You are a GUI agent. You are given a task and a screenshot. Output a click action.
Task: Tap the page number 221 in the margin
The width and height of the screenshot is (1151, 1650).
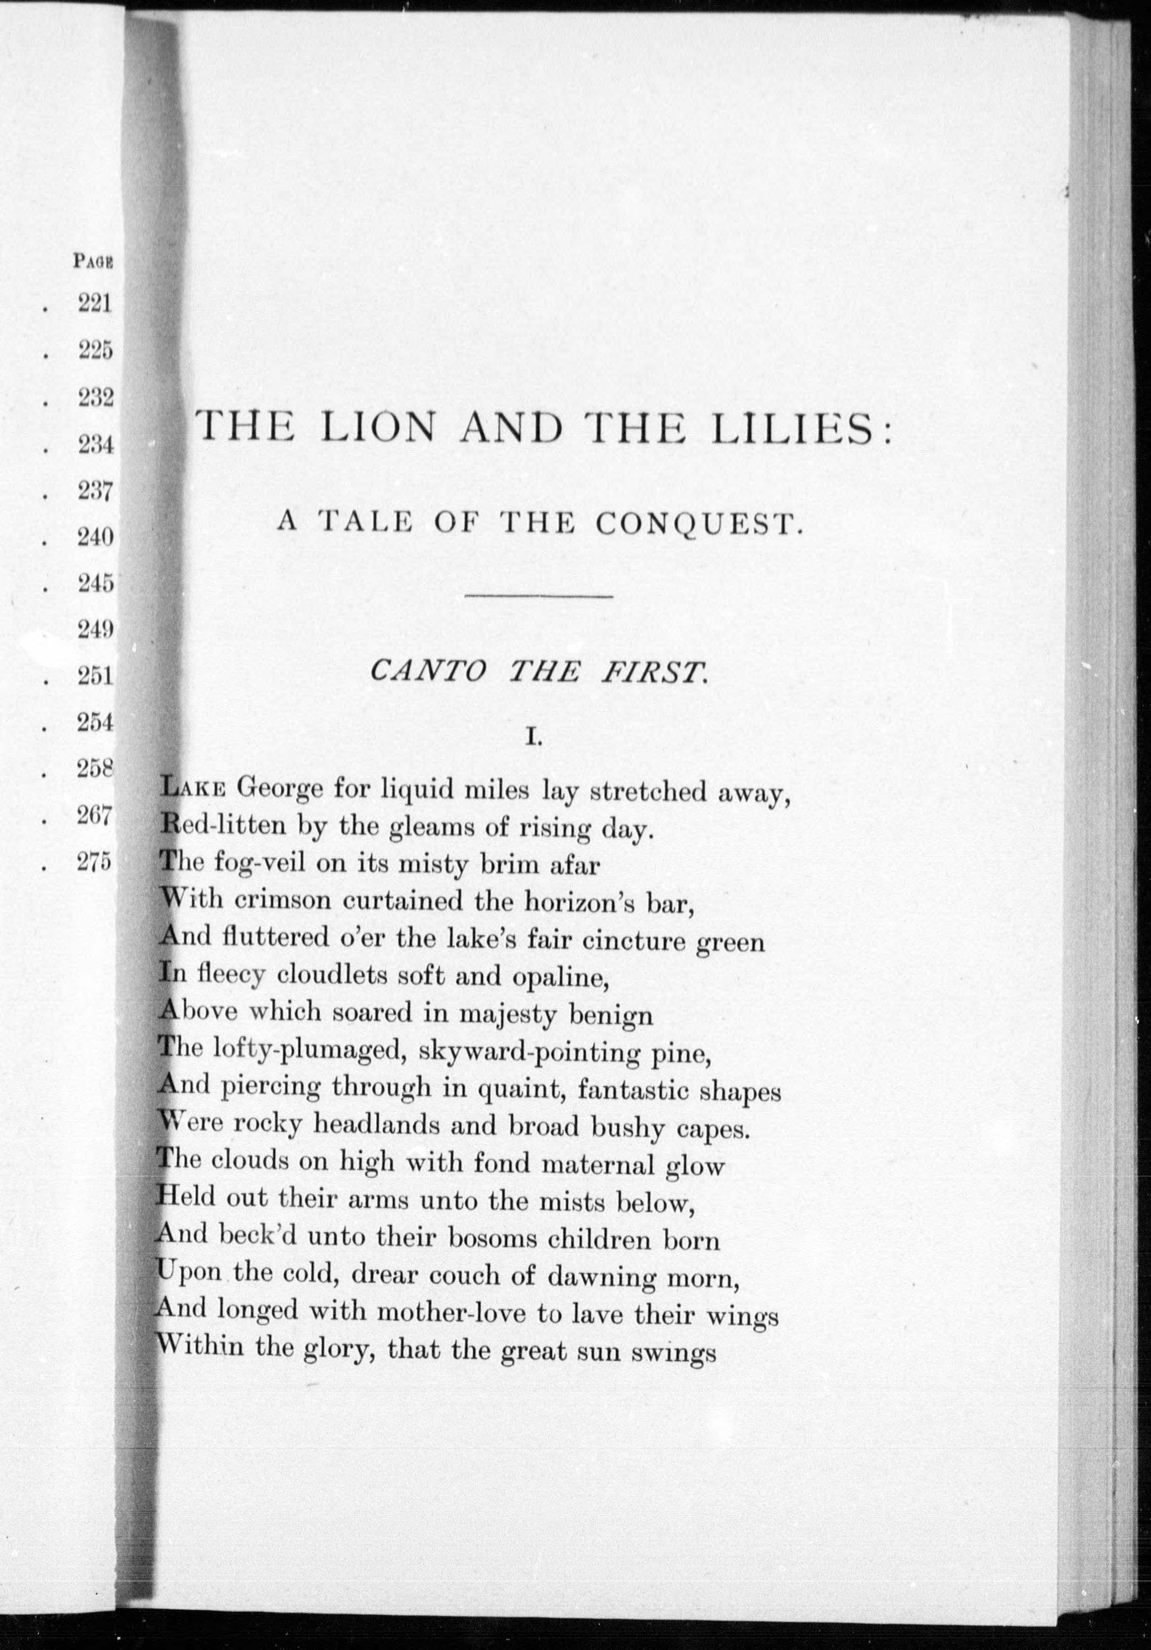(x=95, y=304)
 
